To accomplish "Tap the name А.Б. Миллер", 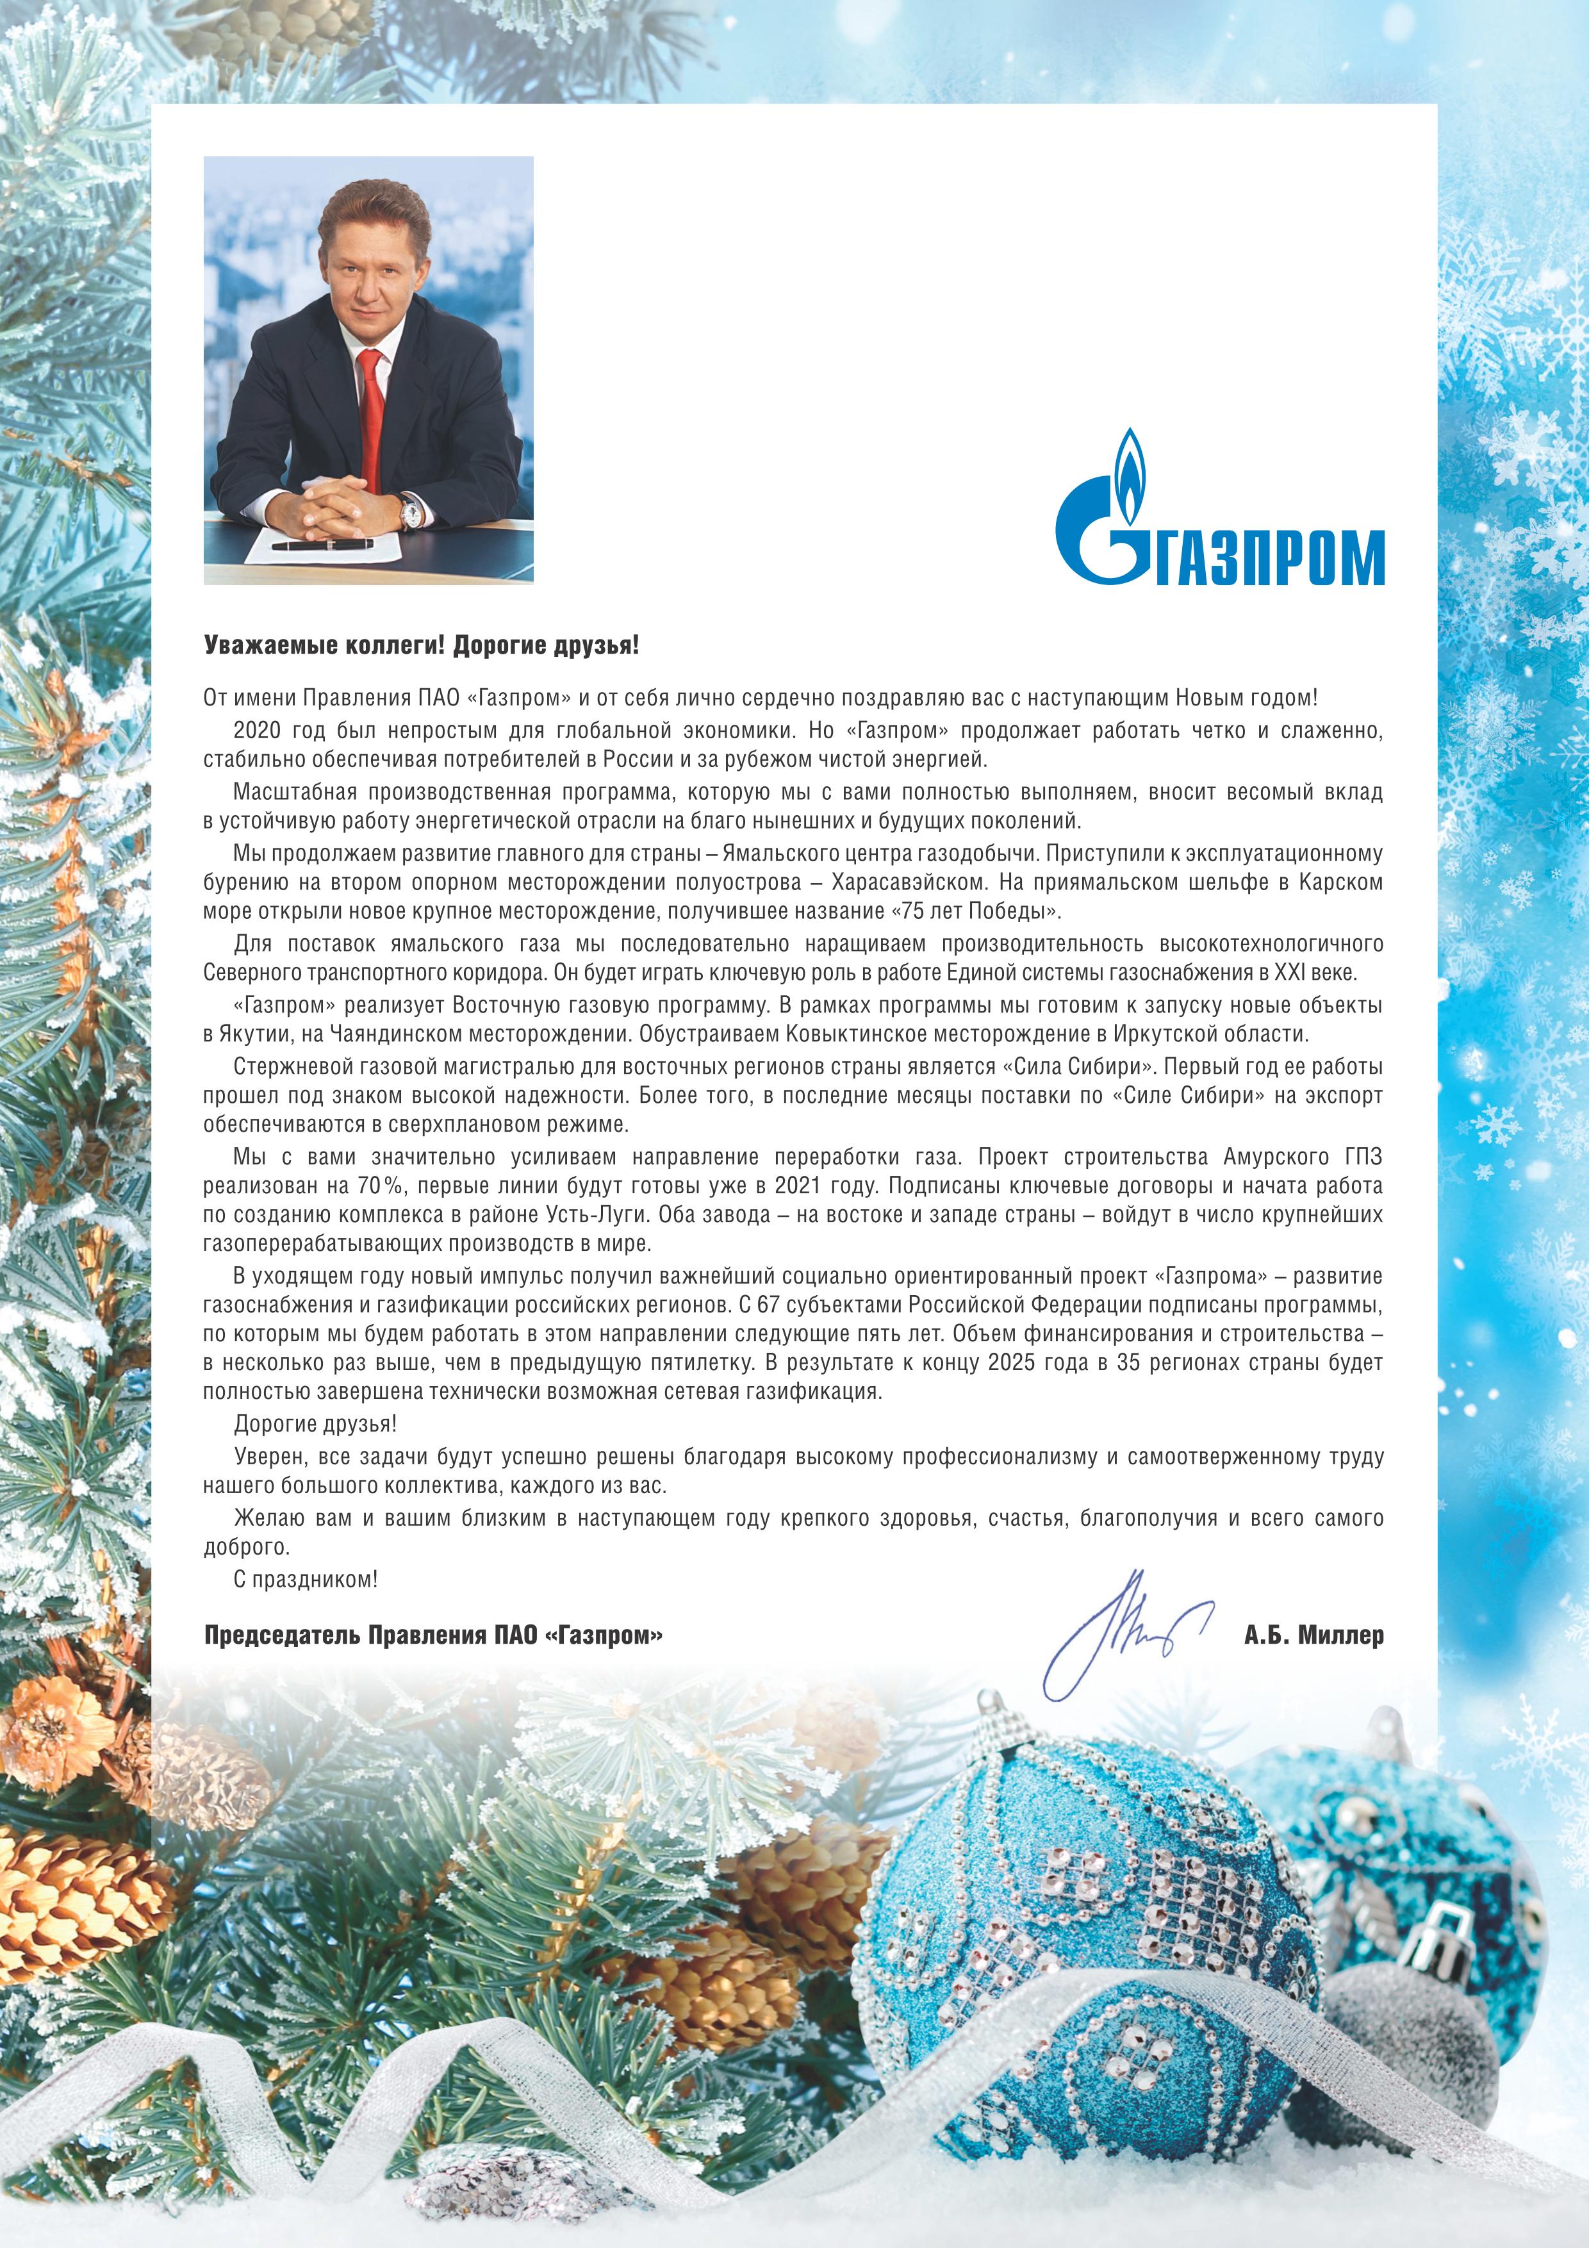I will tap(1314, 1635).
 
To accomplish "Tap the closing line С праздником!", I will tap(306, 1578).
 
